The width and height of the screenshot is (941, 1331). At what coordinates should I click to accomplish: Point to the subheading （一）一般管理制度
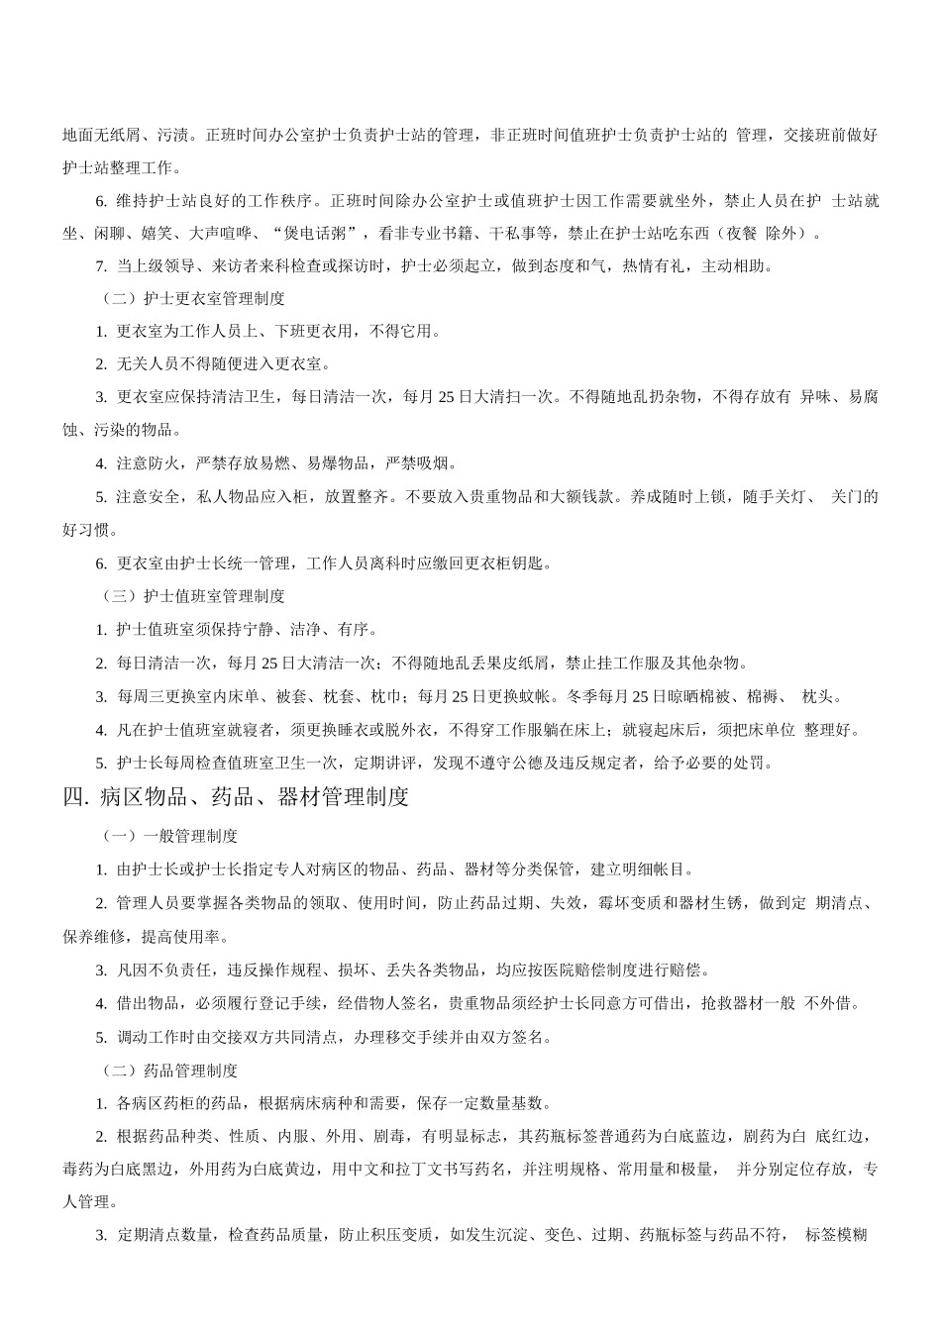click(169, 836)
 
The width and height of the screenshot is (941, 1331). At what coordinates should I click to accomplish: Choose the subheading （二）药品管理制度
click(169, 1071)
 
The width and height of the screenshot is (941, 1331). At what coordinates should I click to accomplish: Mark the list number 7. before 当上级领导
click(101, 265)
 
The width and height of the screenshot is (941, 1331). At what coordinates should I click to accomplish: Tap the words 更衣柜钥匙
click(504, 563)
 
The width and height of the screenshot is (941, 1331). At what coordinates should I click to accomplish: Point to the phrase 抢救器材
click(733, 1003)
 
